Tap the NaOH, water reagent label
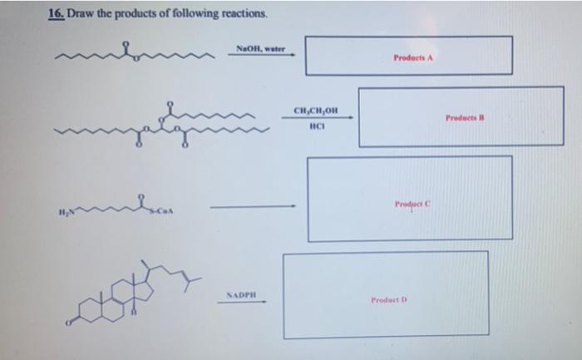pos(260,49)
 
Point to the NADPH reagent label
pos(242,293)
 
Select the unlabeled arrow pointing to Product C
pos(253,207)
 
